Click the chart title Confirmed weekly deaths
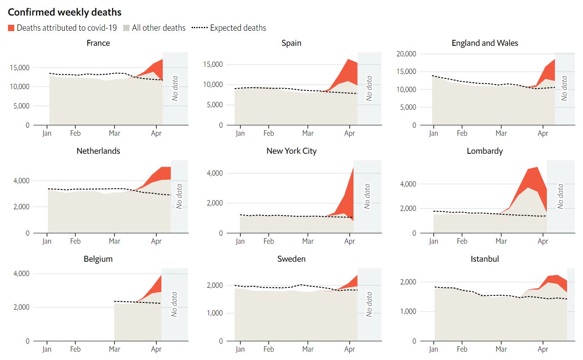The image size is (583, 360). point(65,12)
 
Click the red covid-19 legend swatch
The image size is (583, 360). point(11,28)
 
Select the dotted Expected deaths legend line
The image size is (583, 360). point(200,28)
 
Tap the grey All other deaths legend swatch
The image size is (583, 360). point(127,28)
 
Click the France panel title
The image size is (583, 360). point(98,43)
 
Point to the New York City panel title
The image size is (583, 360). point(291,151)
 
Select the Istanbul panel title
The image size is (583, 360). point(485,259)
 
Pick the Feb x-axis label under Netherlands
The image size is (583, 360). point(75,241)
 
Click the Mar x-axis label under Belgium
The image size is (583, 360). point(114,349)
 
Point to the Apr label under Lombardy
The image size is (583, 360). point(543,241)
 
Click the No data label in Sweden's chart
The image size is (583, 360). point(369,304)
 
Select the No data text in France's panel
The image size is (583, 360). point(175,88)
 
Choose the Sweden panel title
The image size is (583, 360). point(291,259)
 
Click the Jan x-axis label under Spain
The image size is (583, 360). point(240,133)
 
